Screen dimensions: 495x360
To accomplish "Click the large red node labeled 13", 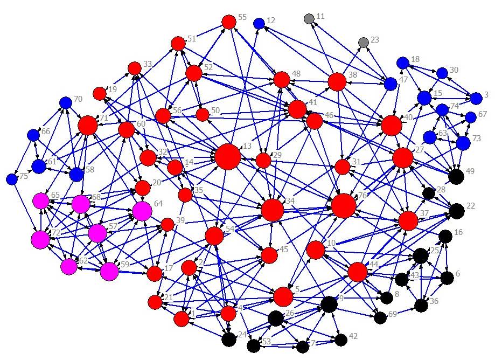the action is pyautogui.click(x=228, y=157).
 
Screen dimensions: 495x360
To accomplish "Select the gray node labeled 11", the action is pyautogui.click(x=309, y=19).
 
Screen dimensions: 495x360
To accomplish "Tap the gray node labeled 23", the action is pyautogui.click(x=364, y=42).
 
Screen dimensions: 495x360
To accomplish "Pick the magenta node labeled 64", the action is pyautogui.click(x=142, y=211).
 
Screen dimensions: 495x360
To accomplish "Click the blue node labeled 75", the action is pyautogui.click(x=12, y=179).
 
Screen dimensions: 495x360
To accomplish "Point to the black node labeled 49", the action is pyautogui.click(x=456, y=176).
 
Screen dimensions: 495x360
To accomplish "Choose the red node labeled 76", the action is pyautogui.click(x=344, y=205).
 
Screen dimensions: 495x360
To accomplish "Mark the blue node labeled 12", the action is pyautogui.click(x=259, y=23).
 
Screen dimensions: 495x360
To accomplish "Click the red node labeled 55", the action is pyautogui.click(x=229, y=22).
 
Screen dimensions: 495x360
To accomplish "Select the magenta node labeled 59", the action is pyautogui.click(x=109, y=271).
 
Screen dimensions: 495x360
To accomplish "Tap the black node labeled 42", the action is pyautogui.click(x=340, y=340).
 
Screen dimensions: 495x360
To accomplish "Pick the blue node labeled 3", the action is pyautogui.click(x=476, y=99).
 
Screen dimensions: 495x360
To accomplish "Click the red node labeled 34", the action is pyautogui.click(x=273, y=210).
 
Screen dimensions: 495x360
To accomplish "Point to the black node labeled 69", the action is pyautogui.click(x=380, y=317).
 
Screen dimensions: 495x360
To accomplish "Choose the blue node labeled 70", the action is pyautogui.click(x=66, y=102).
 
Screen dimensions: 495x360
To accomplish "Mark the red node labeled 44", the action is pyautogui.click(x=358, y=272).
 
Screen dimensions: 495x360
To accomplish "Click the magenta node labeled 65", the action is pyautogui.click(x=41, y=202).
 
